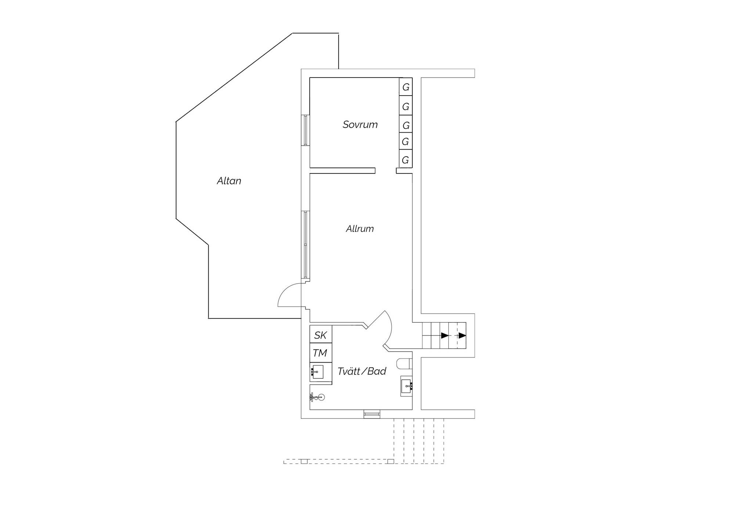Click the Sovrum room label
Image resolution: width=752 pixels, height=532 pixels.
(x=360, y=125)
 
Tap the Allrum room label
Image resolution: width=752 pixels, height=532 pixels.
(x=360, y=229)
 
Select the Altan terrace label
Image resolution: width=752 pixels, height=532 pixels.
(x=229, y=181)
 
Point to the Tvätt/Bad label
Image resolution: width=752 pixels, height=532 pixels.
(x=362, y=371)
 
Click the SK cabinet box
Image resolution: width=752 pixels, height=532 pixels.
(x=321, y=334)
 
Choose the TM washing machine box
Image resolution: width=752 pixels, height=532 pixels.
(x=321, y=353)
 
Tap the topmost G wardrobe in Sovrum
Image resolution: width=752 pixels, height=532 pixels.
(x=406, y=87)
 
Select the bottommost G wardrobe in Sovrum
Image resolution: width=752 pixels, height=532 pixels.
(x=406, y=160)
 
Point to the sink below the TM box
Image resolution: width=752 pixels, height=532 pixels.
(x=317, y=372)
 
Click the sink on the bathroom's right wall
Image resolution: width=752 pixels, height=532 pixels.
(x=407, y=386)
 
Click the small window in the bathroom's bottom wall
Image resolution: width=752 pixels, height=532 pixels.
(x=372, y=414)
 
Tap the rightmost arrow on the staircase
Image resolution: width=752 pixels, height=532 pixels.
(x=462, y=335)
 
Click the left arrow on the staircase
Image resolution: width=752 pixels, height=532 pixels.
(x=445, y=335)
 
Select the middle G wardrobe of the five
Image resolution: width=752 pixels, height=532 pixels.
(x=406, y=125)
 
